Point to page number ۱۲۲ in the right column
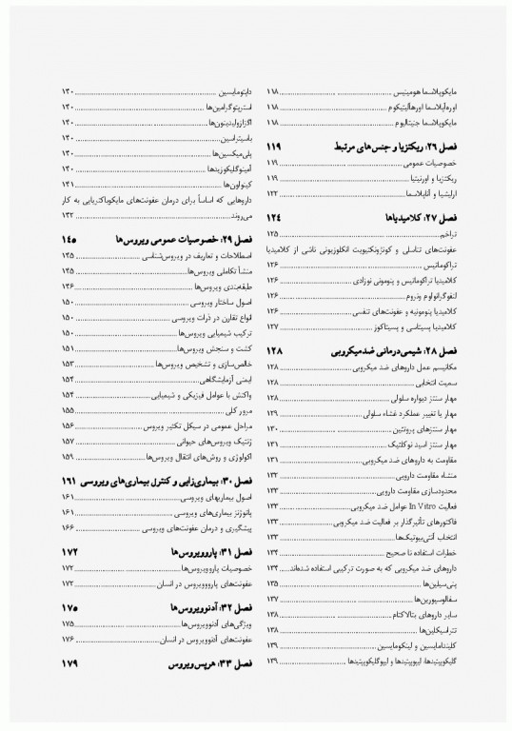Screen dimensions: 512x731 [x=274, y=193]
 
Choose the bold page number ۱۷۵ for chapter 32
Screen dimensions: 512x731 [x=70, y=607]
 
